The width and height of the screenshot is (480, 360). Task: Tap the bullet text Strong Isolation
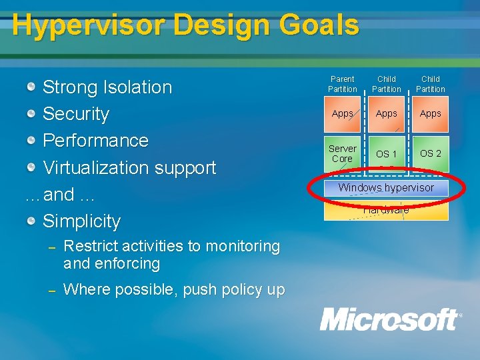107,87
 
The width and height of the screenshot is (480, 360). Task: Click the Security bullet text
75,114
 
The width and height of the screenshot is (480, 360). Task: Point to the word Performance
95,141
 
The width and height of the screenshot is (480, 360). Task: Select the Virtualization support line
129,167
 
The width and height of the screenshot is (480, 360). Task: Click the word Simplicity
81,221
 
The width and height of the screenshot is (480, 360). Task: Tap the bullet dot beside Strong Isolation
31,87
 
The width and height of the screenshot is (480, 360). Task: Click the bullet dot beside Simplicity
31,221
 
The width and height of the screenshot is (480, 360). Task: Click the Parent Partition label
342,84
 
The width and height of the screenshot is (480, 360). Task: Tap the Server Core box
342,153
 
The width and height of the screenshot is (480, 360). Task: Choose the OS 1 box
386,154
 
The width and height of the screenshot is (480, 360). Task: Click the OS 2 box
430,153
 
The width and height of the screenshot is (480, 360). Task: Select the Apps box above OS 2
430,113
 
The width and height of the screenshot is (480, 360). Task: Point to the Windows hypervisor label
386,188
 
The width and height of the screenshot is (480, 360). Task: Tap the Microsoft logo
389,319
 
